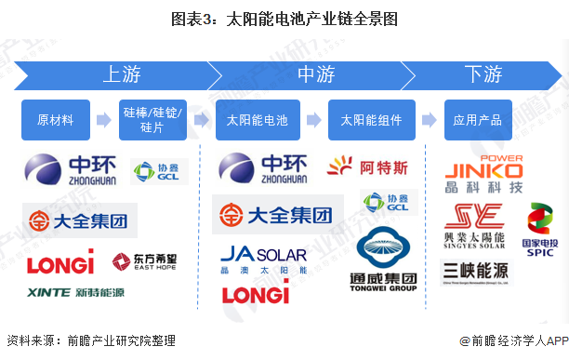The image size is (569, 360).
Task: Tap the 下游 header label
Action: (483, 74)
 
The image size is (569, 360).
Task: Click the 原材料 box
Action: (56, 120)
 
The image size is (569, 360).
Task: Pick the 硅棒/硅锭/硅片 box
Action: (152, 120)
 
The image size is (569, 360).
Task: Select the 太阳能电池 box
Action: (258, 120)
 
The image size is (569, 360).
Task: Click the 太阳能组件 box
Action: (370, 120)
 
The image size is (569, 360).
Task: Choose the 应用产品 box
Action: (478, 120)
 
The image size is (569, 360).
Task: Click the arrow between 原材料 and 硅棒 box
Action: (104, 120)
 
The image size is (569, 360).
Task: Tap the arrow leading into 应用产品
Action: (428, 120)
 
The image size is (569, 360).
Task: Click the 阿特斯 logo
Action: (368, 167)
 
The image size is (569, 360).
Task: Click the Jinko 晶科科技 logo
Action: (483, 173)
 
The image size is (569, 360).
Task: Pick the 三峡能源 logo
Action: (476, 271)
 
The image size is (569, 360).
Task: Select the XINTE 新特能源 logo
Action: (75, 292)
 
